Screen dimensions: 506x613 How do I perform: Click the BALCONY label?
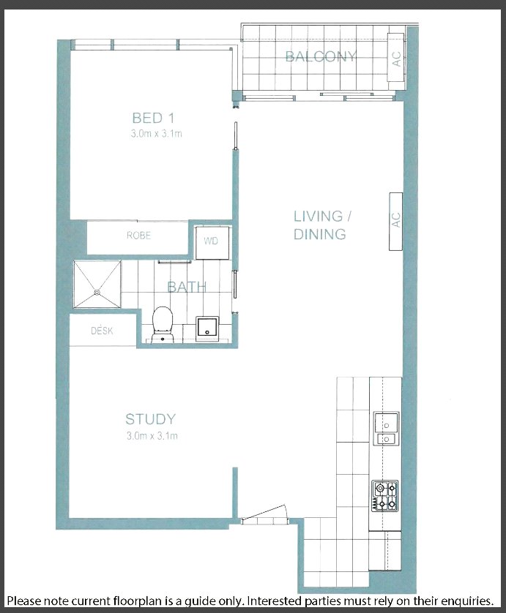[321, 56]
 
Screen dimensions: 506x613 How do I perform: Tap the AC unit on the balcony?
[395, 57]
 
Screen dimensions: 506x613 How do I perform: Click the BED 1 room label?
[153, 118]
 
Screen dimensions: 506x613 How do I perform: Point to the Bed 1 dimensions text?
[157, 134]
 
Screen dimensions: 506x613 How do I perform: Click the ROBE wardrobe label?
[138, 236]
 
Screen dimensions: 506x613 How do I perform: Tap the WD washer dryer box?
[212, 241]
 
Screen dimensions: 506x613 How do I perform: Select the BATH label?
[187, 287]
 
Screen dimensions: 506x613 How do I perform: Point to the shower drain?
[97, 291]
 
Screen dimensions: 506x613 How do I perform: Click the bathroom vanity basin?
[207, 328]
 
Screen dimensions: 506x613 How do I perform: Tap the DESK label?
[102, 331]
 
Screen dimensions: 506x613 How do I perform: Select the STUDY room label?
[151, 419]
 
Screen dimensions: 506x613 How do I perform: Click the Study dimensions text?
[152, 435]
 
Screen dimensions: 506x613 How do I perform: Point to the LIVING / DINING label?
[322, 225]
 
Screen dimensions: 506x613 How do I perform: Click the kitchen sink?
[386, 428]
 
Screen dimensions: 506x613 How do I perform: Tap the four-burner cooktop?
[385, 496]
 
